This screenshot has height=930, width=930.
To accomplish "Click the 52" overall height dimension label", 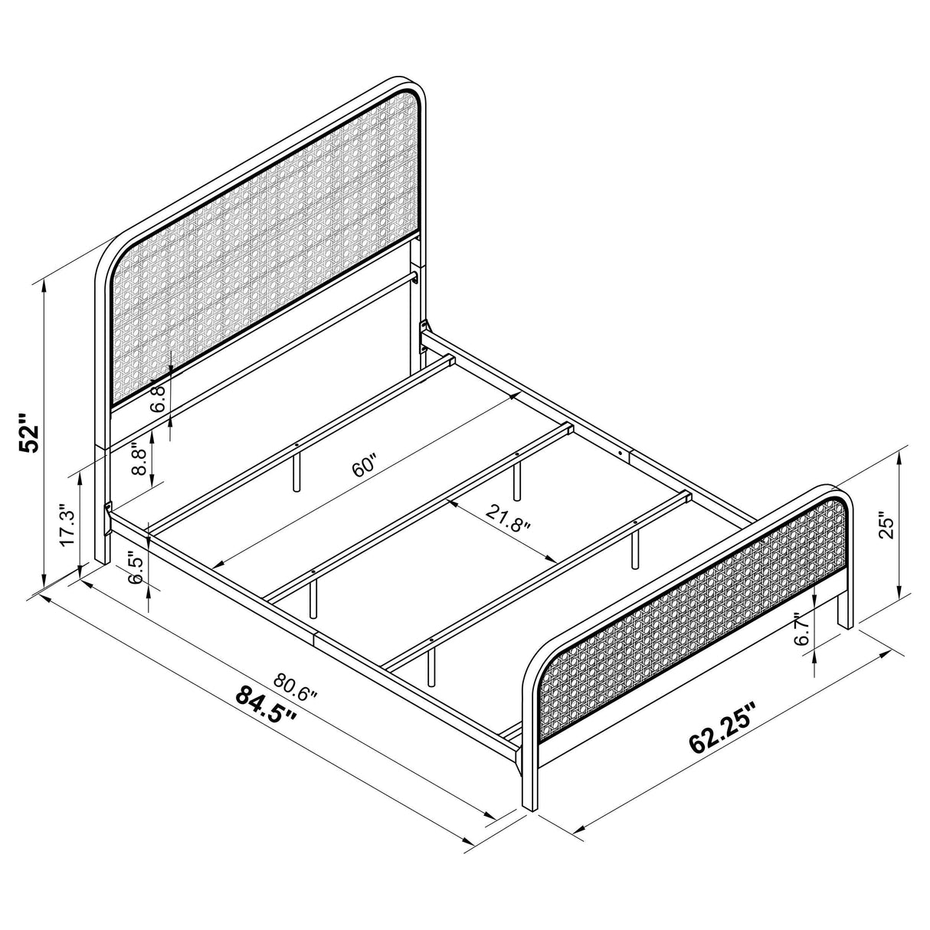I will tap(29, 436).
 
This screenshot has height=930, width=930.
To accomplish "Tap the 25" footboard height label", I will tap(888, 526).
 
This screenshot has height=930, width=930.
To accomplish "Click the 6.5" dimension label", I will tap(136, 568).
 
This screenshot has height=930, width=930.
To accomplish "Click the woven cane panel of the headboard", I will tap(268, 253).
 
